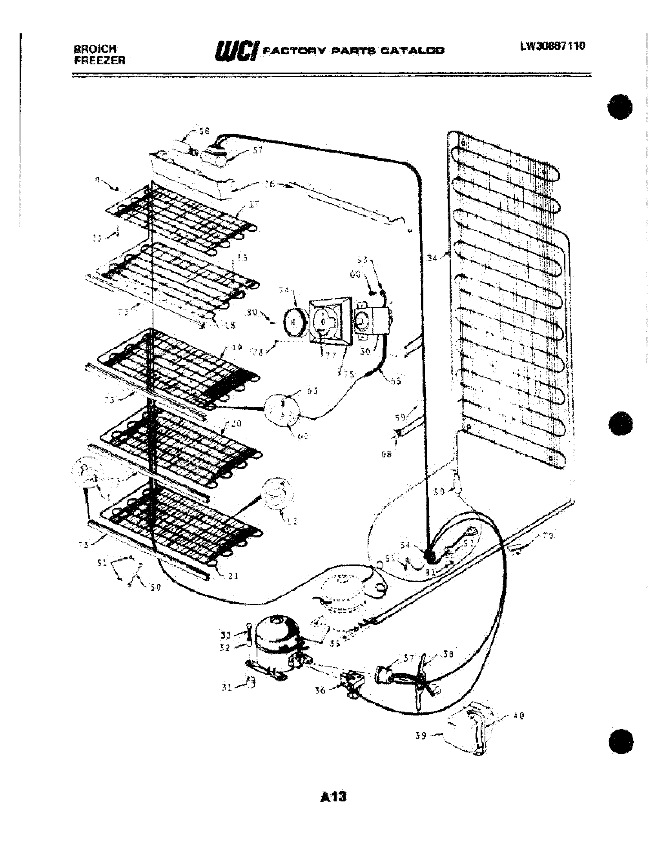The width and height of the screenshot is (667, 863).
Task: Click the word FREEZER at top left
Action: click(x=100, y=60)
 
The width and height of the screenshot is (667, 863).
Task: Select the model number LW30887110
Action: click(x=552, y=46)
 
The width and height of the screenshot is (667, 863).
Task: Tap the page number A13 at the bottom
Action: click(x=333, y=797)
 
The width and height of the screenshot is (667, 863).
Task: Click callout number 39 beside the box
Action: click(x=421, y=736)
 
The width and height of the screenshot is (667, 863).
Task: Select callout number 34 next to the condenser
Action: click(x=433, y=258)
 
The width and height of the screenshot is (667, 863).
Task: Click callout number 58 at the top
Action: click(x=204, y=131)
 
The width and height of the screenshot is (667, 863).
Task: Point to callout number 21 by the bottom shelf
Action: click(x=233, y=576)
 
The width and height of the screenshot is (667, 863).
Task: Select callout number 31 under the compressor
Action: click(x=226, y=688)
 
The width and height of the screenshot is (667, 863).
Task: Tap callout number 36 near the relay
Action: click(x=320, y=690)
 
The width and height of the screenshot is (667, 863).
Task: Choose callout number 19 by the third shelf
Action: click(x=236, y=348)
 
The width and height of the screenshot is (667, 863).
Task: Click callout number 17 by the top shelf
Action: click(x=254, y=204)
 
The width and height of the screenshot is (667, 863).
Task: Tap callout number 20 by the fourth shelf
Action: click(x=236, y=424)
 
